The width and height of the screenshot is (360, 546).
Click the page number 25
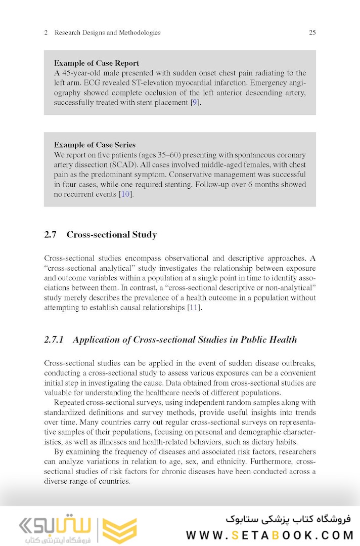pyautogui.click(x=312, y=33)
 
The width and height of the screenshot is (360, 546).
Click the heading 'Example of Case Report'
pyautogui.click(x=97, y=63)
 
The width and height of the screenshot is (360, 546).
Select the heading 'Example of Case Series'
pyautogui.click(x=95, y=145)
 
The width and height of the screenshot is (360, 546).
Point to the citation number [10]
pyautogui.click(x=125, y=194)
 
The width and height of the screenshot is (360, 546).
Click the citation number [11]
pyautogui.click(x=194, y=308)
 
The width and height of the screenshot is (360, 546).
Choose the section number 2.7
pyautogui.click(x=50, y=235)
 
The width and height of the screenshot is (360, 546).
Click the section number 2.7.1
pyautogui.click(x=54, y=340)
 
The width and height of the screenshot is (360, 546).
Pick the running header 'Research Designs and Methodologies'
pyautogui.click(x=107, y=33)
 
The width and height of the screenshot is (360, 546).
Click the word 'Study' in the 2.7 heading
pyautogui.click(x=145, y=235)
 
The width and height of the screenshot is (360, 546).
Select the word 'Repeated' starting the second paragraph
pyautogui.click(x=69, y=403)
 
